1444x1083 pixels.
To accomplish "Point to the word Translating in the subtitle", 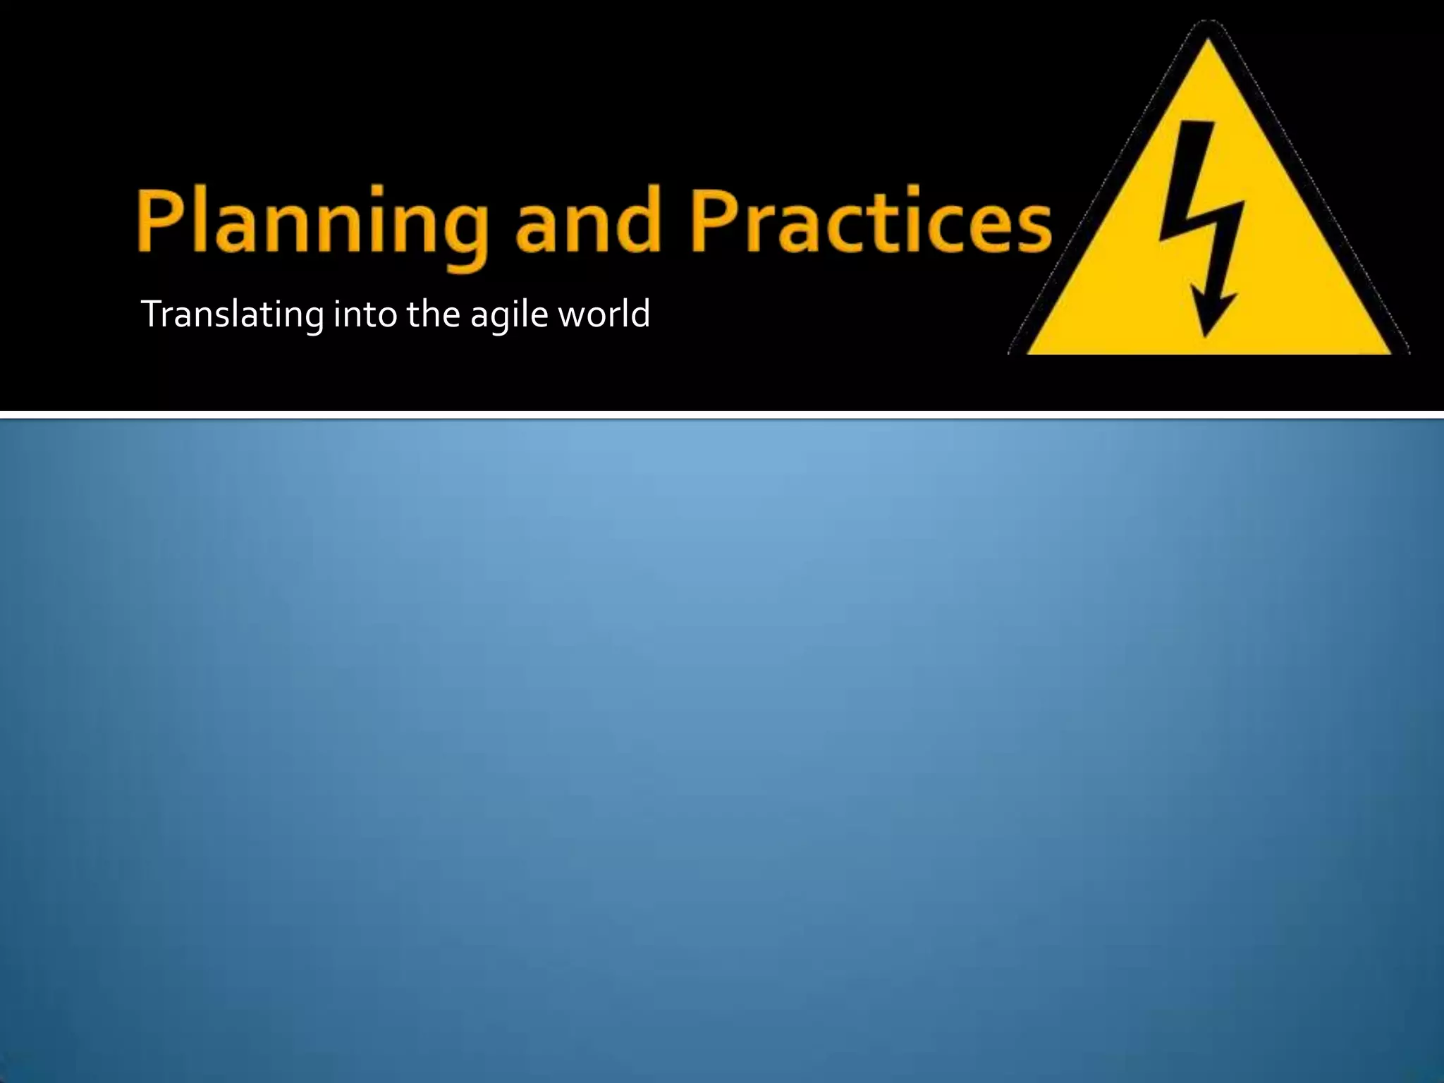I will click(x=232, y=314).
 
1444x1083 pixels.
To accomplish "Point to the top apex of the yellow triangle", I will click(x=1208, y=39).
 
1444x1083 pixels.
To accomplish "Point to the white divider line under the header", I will click(x=722, y=414).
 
